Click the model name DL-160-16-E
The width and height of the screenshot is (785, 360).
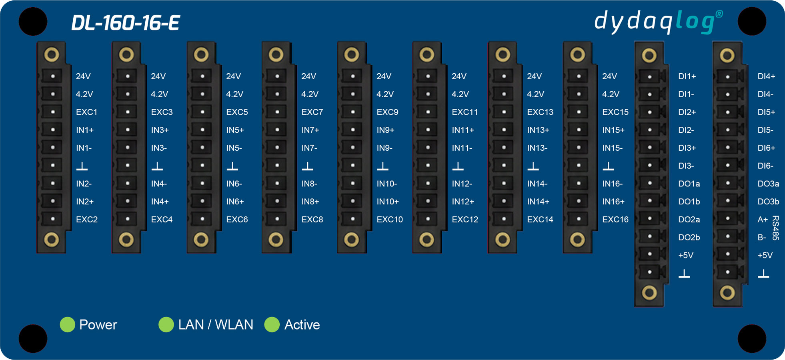126,23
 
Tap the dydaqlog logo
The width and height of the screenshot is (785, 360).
659,22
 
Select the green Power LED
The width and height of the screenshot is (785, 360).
68,324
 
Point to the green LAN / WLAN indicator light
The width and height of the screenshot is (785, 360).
166,324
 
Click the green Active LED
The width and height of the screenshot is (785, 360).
272,324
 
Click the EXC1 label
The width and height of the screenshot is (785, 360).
86,112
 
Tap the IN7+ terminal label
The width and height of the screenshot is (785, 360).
310,130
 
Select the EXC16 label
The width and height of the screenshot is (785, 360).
615,219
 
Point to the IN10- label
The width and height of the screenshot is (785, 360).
386,184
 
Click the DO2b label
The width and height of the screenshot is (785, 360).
689,237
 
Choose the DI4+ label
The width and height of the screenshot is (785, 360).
766,76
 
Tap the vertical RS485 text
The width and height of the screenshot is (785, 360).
775,228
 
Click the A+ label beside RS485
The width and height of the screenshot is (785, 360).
763,219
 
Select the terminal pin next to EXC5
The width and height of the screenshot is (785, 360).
202,112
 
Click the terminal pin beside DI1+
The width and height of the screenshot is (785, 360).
650,76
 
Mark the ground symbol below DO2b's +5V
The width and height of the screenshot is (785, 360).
684,274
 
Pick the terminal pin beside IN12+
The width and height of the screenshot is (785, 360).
428,201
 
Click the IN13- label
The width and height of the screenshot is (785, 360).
537,148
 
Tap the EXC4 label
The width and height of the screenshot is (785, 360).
162,219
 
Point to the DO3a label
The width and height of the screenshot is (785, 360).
768,184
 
